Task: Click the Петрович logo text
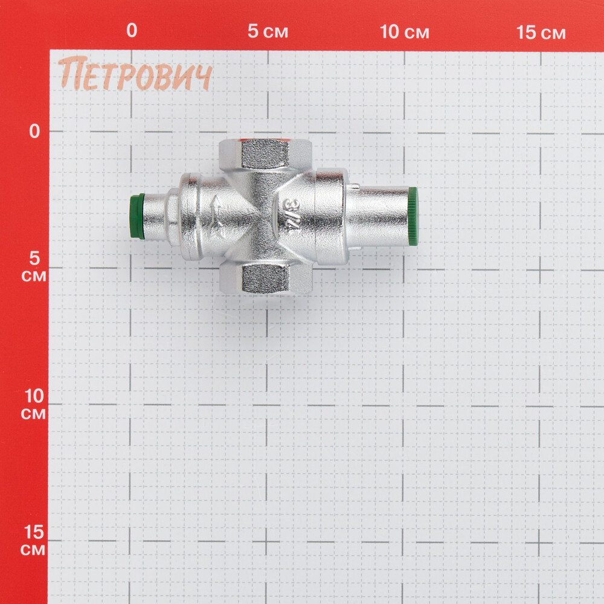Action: coord(135,74)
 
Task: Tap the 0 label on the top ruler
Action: coord(132,30)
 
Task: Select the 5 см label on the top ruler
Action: coord(268,31)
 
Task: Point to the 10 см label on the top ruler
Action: coord(405,32)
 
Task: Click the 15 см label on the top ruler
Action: coord(541,33)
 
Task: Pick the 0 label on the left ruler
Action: coord(34,131)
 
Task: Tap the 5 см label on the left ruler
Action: coord(34,266)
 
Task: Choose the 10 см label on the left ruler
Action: coord(34,403)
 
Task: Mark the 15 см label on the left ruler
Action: coord(33,539)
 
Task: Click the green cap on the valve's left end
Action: coord(137,216)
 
